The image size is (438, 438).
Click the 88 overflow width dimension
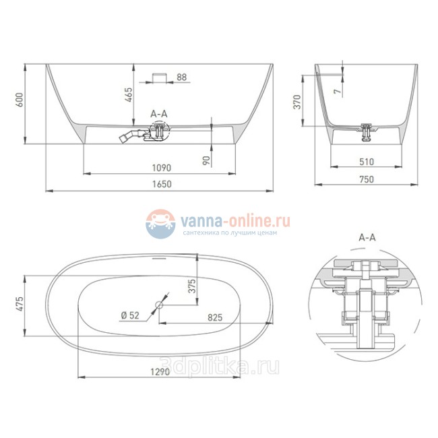[181, 77]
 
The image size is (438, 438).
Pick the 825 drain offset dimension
[216, 316]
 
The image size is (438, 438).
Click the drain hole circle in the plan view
[160, 305]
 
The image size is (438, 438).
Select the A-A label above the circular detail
[367, 237]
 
